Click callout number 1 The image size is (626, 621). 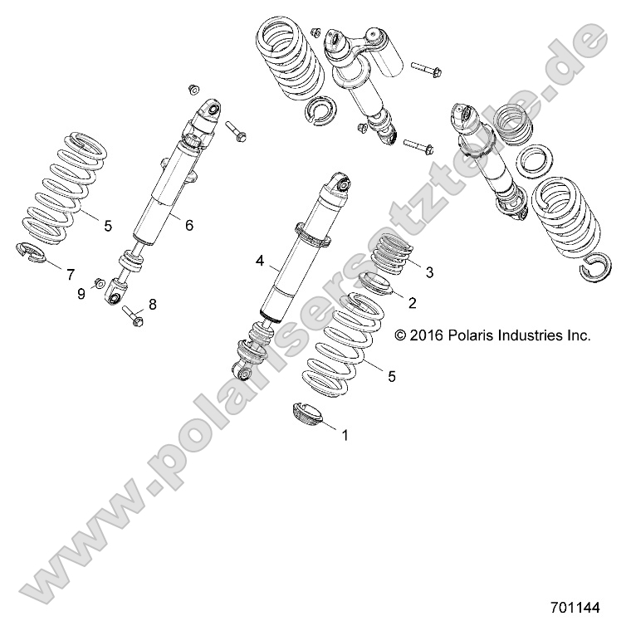click(345, 433)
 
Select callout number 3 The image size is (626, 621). click(429, 272)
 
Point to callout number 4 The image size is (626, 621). click(260, 262)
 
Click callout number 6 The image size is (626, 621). click(188, 225)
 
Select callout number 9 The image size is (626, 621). click(81, 293)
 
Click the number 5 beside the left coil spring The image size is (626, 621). click(107, 224)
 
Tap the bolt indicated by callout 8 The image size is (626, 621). click(134, 314)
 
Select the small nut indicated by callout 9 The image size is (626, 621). click(98, 283)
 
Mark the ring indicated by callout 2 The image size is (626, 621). click(377, 287)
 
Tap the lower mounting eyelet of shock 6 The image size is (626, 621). click(116, 290)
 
